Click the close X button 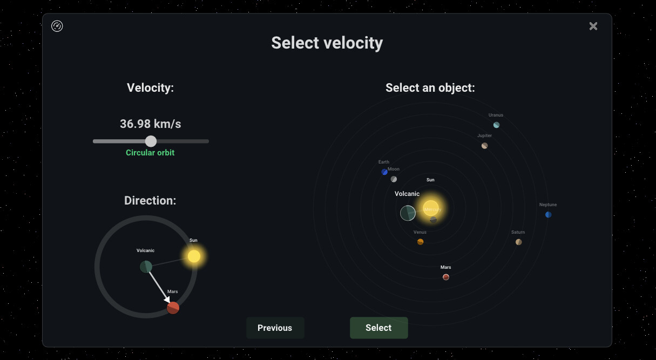pos(593,26)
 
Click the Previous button pos(275,328)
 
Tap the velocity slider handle pos(151,141)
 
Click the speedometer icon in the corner pos(57,26)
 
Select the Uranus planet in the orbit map pos(496,125)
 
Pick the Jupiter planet pos(484,146)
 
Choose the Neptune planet pos(548,215)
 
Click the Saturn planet pos(518,242)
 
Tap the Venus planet pos(420,242)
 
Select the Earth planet pos(384,172)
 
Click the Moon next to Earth pos(394,179)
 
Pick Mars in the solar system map pos(446,277)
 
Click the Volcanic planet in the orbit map pos(408,213)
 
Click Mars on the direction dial pos(173,308)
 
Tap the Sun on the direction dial pos(194,256)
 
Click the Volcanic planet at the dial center pos(146,267)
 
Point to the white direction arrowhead pos(167,299)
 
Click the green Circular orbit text pos(150,153)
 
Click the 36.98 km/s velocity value pos(150,124)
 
